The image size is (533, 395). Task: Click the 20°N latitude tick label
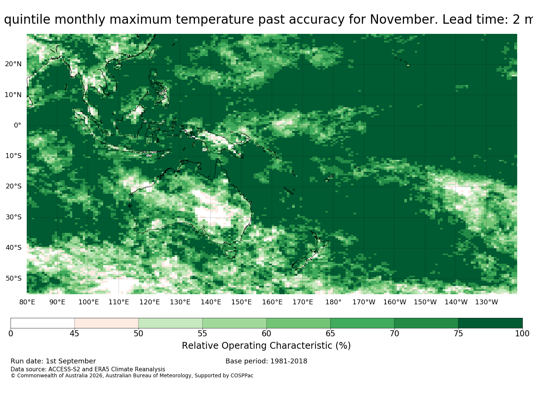coord(13,64)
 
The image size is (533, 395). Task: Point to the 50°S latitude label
coord(14,278)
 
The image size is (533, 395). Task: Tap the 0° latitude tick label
coord(18,125)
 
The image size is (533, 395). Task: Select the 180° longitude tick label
coord(333,302)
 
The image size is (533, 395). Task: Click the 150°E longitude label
coord(241,302)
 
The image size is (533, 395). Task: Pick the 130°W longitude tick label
coord(487,302)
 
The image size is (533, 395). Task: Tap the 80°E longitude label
coord(27,302)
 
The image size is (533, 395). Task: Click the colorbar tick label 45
coord(75,334)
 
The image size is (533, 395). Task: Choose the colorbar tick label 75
coord(458,334)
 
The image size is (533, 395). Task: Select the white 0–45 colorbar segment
coord(43,323)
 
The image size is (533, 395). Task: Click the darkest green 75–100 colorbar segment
coord(490,323)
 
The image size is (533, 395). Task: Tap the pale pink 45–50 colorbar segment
coord(107,323)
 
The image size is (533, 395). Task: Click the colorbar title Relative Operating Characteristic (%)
coord(266,346)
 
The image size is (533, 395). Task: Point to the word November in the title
coord(404,20)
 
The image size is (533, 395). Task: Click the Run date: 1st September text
coord(53,361)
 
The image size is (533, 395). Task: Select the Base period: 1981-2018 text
coord(266,361)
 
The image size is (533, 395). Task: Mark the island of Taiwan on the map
coord(152,53)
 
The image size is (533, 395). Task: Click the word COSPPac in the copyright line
coord(242,375)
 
